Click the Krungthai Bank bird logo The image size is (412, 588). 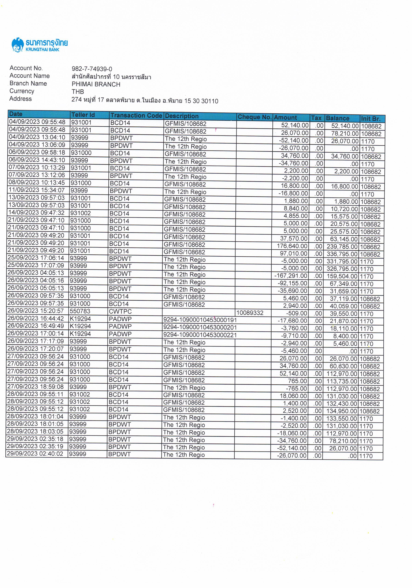(18, 45)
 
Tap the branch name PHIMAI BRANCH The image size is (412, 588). (96, 84)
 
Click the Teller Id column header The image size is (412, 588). (83, 115)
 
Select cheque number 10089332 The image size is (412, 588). (250, 313)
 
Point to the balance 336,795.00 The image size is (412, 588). (342, 254)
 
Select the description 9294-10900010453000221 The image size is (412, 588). (200, 335)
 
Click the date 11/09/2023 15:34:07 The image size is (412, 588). (37, 190)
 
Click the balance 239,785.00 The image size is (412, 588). (342, 247)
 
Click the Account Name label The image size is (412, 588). (29, 76)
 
